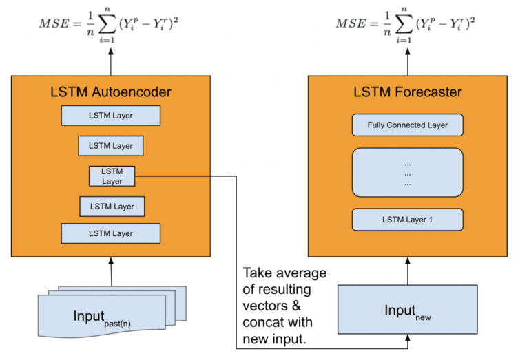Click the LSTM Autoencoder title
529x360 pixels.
tap(110, 92)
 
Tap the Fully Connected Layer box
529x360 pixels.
tap(407, 125)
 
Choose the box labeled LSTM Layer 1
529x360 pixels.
tap(407, 220)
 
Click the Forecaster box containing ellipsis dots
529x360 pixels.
tap(407, 172)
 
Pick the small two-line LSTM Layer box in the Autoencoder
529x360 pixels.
tap(112, 176)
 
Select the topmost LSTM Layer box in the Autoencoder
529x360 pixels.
tap(110, 115)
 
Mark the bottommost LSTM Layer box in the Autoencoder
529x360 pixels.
tap(110, 233)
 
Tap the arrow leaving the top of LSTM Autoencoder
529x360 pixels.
tap(110, 63)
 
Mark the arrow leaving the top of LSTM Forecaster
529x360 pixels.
tap(407, 63)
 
